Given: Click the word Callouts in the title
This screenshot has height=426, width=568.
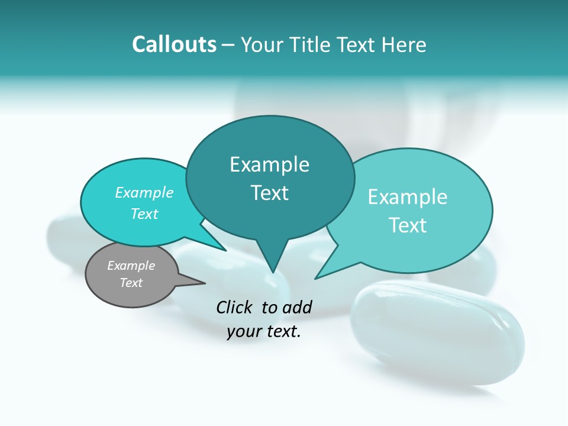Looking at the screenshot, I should [x=175, y=44].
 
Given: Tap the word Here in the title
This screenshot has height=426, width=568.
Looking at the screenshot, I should [x=404, y=44].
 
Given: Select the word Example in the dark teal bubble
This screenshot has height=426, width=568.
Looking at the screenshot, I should [x=269, y=164].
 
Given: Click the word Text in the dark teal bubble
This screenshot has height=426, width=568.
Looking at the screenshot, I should [x=269, y=193].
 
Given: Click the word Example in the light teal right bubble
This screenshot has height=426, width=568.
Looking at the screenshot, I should [x=408, y=197].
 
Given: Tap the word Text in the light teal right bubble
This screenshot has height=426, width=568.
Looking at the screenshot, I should [x=408, y=225].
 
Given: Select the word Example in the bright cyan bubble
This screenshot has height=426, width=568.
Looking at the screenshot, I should [x=144, y=192].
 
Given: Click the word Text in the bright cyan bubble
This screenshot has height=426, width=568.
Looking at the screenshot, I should [x=144, y=214].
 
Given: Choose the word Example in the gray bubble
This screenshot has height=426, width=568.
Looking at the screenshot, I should [x=131, y=266].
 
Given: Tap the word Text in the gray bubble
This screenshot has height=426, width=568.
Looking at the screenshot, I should [x=131, y=283].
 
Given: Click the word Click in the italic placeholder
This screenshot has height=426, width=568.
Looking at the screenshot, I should [x=235, y=307].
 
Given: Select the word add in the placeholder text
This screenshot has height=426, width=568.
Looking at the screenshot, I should [x=296, y=307].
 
